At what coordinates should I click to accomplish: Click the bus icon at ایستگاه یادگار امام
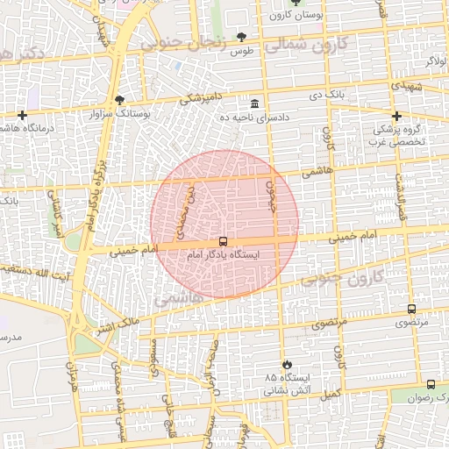click(x=224, y=241)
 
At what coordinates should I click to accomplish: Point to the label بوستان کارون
click(x=267, y=15)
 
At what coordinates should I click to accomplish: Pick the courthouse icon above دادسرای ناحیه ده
click(x=254, y=103)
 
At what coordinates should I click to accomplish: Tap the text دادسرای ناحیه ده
click(x=254, y=117)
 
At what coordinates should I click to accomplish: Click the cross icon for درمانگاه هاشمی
click(x=22, y=115)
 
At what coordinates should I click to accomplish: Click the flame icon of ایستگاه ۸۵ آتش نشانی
click(x=286, y=364)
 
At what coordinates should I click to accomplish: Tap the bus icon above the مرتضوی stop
click(x=411, y=309)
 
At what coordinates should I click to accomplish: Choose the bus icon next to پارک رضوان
click(x=431, y=384)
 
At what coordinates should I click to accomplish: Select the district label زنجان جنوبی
click(x=196, y=46)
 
